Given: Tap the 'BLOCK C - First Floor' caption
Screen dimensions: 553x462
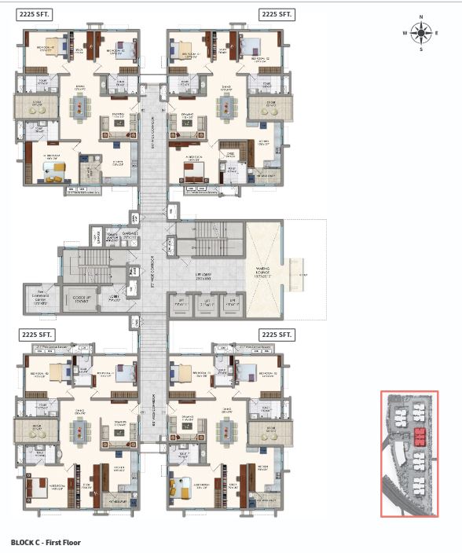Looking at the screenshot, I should pyautogui.click(x=46, y=542).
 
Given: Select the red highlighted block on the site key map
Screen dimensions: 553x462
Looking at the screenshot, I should pyautogui.click(x=420, y=437).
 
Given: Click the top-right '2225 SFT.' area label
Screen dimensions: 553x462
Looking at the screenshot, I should pyautogui.click(x=277, y=14).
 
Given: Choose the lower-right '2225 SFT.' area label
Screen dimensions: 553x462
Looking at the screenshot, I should pyautogui.click(x=277, y=335).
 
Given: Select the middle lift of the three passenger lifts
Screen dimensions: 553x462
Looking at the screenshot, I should pyautogui.click(x=207, y=302).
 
